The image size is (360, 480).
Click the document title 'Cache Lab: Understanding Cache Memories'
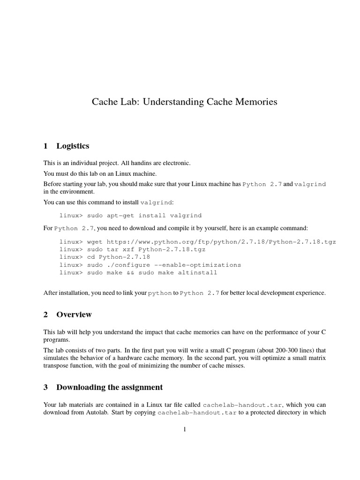184,101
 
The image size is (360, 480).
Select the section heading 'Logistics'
73,146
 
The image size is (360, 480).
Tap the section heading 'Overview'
74,314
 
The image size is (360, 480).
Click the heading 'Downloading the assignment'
110,387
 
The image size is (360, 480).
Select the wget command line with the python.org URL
197,242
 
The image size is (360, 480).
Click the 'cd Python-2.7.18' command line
119,257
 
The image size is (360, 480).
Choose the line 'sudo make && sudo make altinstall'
152,272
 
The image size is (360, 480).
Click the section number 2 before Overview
45,314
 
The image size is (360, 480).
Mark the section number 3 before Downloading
45,387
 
